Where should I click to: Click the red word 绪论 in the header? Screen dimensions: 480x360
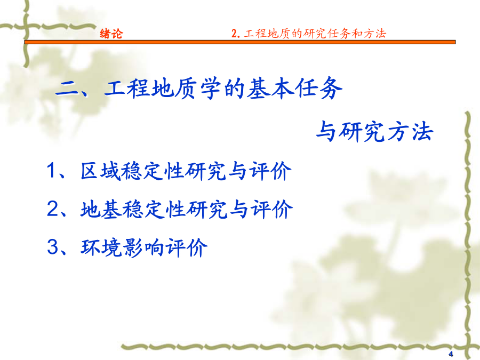[x=111, y=34]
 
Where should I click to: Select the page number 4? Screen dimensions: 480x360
[x=451, y=354]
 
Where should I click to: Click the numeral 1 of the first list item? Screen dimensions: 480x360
[x=51, y=170]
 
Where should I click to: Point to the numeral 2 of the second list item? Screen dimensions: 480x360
[x=52, y=209]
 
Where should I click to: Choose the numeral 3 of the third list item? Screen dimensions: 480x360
[x=52, y=247]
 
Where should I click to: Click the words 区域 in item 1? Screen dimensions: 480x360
[x=100, y=171]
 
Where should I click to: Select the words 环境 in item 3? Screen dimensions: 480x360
[x=101, y=247]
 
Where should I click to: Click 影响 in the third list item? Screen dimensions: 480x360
[x=143, y=247]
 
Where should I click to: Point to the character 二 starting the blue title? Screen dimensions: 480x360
[x=68, y=90]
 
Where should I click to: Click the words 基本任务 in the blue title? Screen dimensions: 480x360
[x=294, y=89]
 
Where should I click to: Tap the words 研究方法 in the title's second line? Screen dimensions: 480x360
[x=386, y=132]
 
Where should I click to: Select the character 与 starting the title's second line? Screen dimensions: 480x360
[x=326, y=132]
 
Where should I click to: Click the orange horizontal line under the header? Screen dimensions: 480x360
[x=240, y=42]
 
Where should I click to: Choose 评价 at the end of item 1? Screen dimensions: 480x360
[x=270, y=171]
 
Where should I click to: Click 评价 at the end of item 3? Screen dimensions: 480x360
[x=187, y=247]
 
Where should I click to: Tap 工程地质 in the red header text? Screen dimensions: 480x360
[x=267, y=34]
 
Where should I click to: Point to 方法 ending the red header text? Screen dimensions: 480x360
[x=375, y=34]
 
